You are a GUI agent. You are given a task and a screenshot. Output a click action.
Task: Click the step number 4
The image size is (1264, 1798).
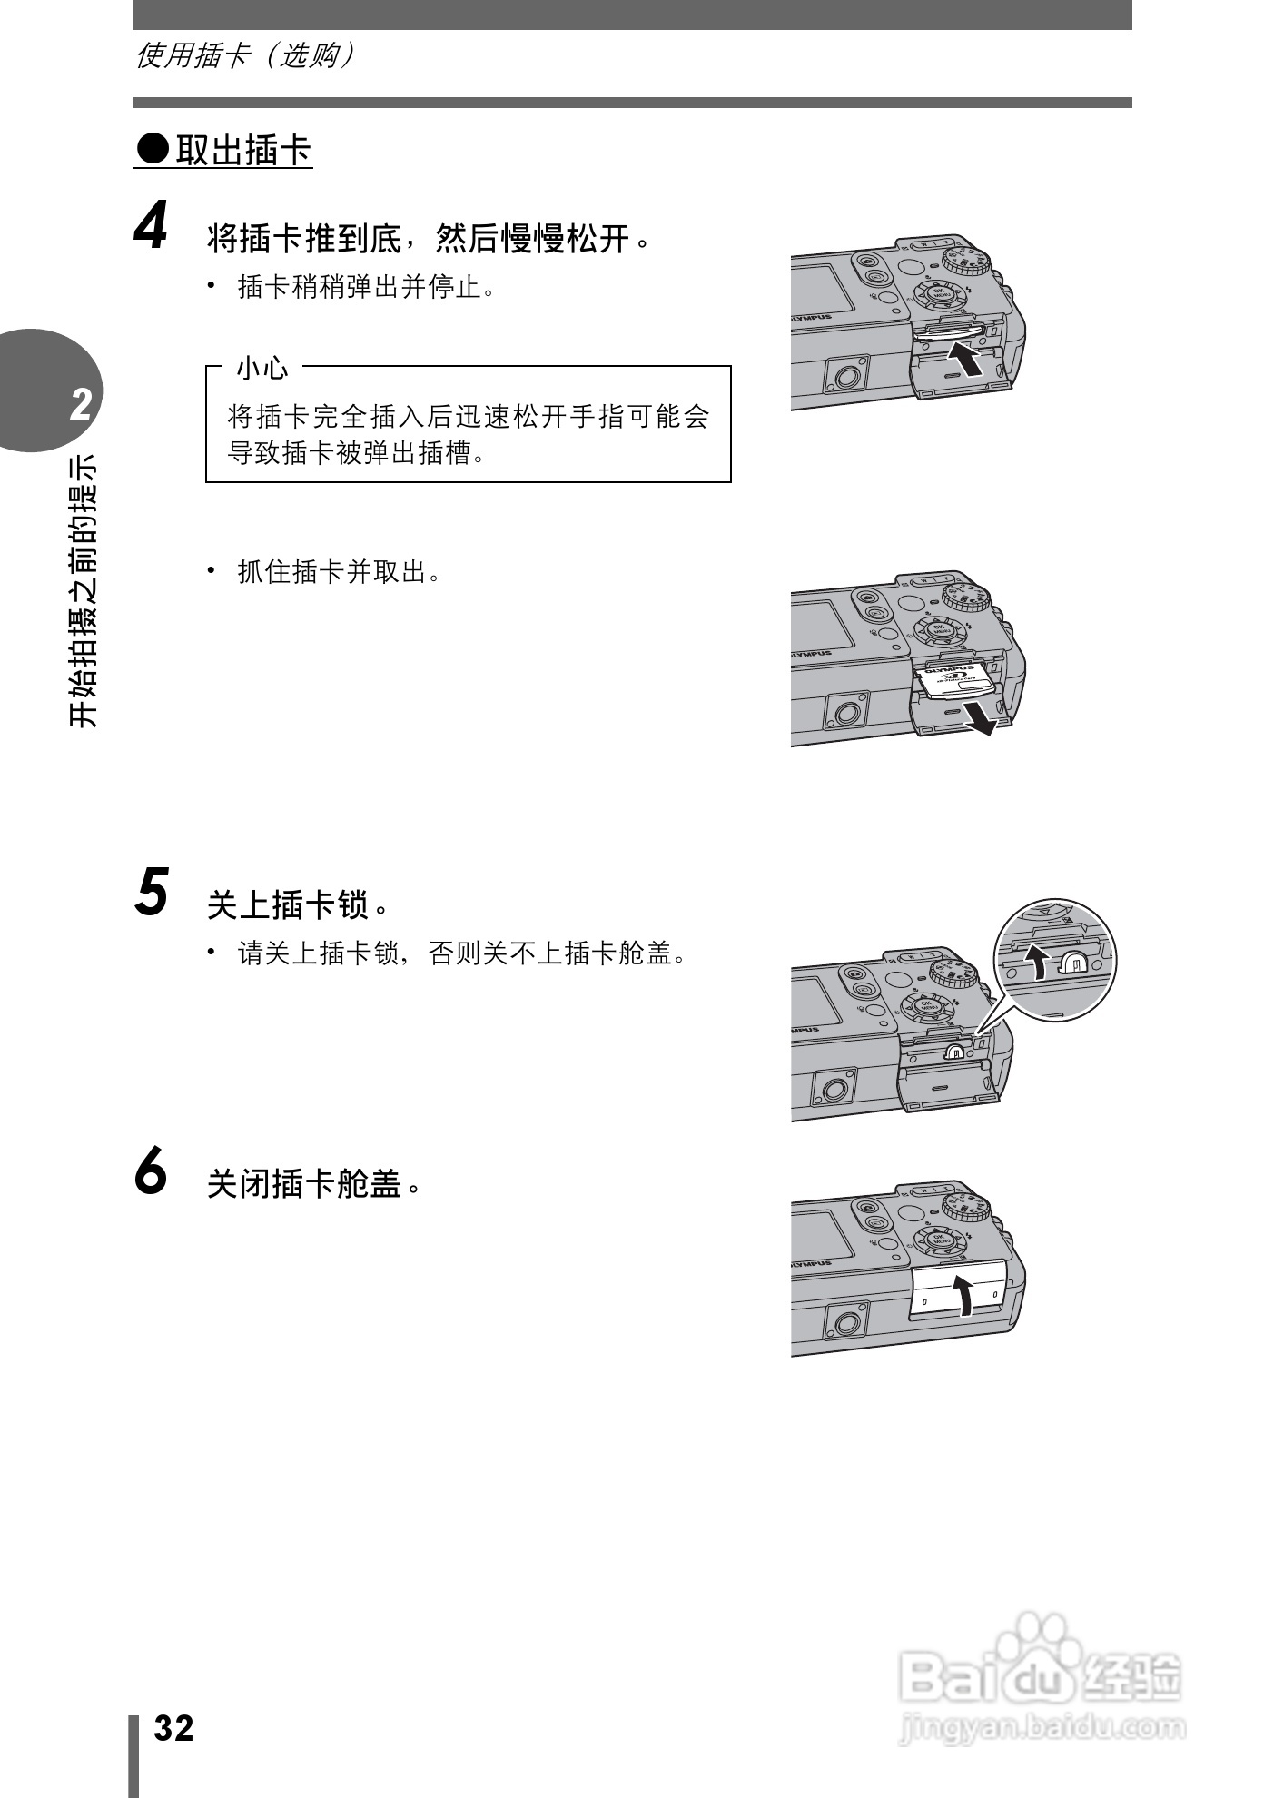[153, 226]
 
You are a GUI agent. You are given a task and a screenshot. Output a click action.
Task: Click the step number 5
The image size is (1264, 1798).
[153, 892]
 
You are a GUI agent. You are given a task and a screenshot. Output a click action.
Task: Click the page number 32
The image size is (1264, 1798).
[173, 1728]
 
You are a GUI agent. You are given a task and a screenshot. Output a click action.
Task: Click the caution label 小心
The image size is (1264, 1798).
[262, 368]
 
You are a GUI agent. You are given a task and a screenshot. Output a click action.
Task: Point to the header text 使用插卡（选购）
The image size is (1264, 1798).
[244, 56]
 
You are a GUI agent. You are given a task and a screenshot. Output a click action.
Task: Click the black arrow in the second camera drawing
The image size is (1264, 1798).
[983, 715]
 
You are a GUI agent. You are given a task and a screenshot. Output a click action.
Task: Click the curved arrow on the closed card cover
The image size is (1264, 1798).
[964, 1293]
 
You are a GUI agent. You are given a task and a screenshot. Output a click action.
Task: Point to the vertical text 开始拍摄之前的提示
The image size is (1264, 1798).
[83, 590]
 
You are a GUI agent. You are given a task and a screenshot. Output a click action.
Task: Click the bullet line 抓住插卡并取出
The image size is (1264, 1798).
[338, 572]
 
